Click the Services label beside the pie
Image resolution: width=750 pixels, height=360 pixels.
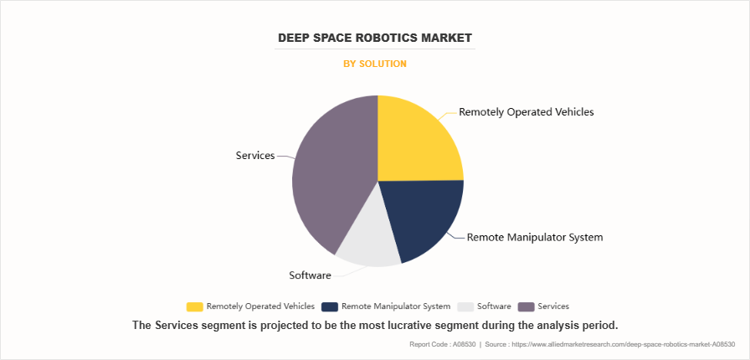(x=255, y=156)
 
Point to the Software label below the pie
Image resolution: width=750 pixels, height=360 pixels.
(x=310, y=275)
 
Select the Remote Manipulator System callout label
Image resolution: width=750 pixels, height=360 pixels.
(x=534, y=237)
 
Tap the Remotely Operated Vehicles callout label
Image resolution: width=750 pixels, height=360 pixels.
(x=527, y=111)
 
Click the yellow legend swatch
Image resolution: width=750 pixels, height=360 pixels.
(x=194, y=306)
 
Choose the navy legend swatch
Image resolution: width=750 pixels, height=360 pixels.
(x=329, y=306)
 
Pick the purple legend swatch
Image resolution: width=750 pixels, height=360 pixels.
(x=527, y=306)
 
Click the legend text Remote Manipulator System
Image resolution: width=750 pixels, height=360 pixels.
(x=396, y=306)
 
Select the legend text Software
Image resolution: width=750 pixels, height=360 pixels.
(x=495, y=306)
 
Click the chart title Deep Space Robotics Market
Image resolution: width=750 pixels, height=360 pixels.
(x=374, y=38)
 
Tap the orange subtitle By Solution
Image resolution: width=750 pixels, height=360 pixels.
(x=375, y=64)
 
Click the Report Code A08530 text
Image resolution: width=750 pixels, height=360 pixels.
(x=441, y=344)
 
